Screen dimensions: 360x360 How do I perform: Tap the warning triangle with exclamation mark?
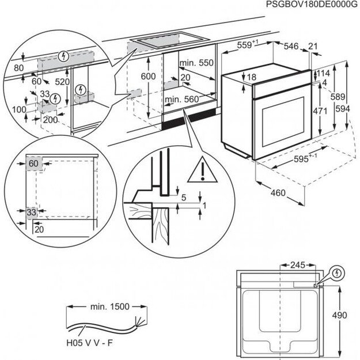click(203, 168)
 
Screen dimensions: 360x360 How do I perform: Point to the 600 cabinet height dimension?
click(149, 77)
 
